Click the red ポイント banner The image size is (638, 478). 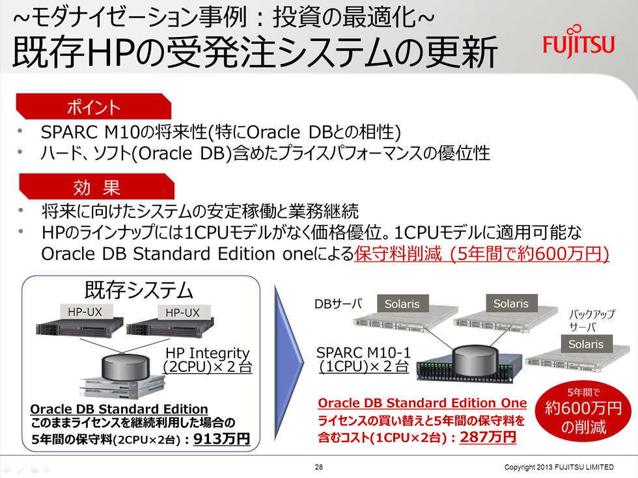(94, 107)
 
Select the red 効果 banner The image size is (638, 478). (97, 187)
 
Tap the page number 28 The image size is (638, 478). (319, 467)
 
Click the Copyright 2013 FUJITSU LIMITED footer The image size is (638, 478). (559, 467)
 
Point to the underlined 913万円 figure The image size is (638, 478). (221, 439)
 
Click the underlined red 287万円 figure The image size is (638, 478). (488, 437)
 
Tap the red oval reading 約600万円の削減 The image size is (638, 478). (583, 412)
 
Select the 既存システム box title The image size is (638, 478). (138, 290)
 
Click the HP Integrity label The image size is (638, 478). (208, 352)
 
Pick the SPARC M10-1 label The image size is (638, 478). (363, 352)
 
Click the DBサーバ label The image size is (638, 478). (338, 304)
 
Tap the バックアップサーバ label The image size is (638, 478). (591, 321)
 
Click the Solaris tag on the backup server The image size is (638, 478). (585, 344)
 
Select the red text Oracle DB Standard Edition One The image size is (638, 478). (422, 403)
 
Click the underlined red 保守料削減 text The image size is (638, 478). (398, 254)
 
